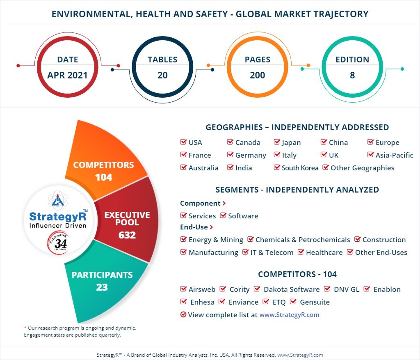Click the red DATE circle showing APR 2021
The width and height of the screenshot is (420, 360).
tap(67, 67)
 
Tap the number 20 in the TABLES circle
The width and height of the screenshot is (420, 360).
tap(162, 76)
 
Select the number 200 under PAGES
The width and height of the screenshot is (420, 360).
tap(257, 76)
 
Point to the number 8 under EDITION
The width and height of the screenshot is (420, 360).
tap(352, 76)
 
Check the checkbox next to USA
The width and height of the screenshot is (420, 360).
tap(183, 142)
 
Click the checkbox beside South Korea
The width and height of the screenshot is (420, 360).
tap(277, 167)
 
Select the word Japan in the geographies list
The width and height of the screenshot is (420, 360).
tap(291, 142)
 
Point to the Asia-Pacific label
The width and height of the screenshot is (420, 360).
tap(394, 155)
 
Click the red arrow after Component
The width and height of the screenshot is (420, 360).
tap(224, 203)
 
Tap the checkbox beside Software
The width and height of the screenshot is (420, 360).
tap(223, 216)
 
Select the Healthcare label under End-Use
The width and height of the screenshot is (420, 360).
tap(324, 252)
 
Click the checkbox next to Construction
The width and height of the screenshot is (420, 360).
tap(357, 240)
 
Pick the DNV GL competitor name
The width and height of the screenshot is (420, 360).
tap(346, 289)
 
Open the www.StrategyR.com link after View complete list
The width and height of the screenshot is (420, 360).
tap(289, 315)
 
